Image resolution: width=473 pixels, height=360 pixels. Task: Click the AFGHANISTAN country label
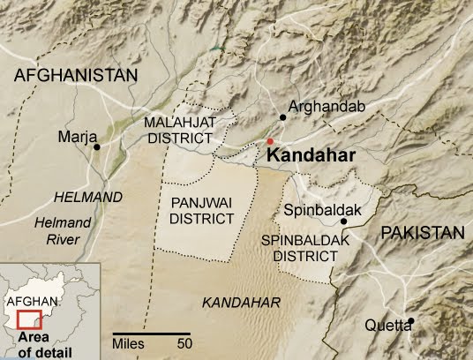coord(77,76)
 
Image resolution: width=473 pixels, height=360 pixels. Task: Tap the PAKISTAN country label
coord(422,233)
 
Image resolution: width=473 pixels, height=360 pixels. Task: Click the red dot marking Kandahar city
coord(271,141)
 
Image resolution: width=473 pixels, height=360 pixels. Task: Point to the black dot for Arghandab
coord(282,116)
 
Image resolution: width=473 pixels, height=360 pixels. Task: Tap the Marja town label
coord(74,138)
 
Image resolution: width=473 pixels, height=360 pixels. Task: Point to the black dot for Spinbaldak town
coord(343,222)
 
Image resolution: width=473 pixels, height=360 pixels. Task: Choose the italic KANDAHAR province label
coord(241,302)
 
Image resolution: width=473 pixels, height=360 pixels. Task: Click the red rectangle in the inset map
coord(30,319)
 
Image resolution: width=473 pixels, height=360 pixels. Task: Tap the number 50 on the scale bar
coord(184,341)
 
